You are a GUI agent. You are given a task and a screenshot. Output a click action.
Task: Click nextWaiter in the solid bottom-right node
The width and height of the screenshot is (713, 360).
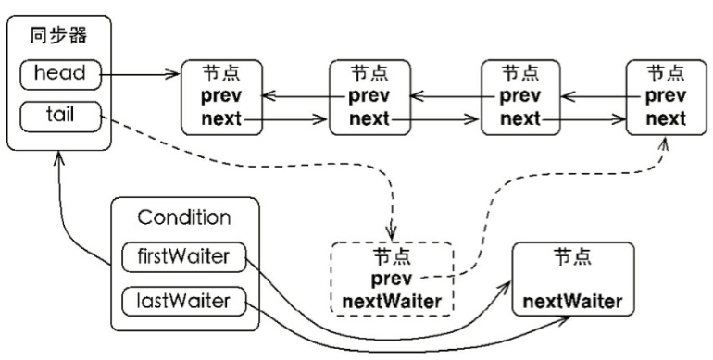[x=571, y=302]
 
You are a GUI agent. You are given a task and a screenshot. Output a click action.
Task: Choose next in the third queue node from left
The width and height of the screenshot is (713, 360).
[x=521, y=118]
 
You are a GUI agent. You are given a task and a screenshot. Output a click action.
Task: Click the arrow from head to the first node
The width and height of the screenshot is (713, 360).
[x=139, y=72]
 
